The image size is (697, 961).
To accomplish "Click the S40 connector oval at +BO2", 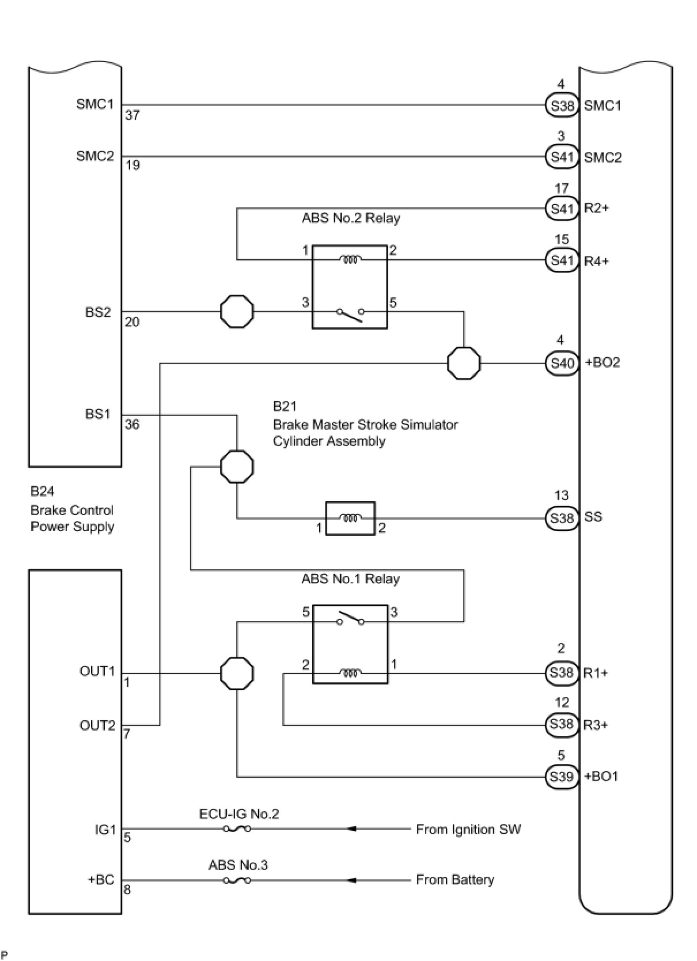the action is tap(562, 364).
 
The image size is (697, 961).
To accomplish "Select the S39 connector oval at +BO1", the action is tap(562, 777).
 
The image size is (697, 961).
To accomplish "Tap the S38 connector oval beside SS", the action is tap(562, 519).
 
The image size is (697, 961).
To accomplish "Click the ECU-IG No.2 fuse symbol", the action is tap(237, 829).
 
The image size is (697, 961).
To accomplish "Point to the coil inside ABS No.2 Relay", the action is tap(350, 259).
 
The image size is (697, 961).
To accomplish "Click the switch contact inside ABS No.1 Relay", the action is tap(350, 618).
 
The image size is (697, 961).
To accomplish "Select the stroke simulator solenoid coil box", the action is tap(350, 519).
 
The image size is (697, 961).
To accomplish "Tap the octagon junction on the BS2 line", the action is tap(237, 312).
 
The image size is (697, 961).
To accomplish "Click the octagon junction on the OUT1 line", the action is tap(237, 673).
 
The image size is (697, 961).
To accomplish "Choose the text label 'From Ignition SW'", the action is tap(468, 829).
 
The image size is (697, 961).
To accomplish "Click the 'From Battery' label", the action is tap(455, 880).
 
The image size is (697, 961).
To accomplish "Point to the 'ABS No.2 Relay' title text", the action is tap(351, 218).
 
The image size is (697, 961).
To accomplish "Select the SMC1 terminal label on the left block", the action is tap(95, 104).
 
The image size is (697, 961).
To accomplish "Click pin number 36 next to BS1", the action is tap(132, 424).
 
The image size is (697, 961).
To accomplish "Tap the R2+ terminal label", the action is tap(596, 208).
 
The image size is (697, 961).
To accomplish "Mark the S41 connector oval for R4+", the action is tap(562, 260).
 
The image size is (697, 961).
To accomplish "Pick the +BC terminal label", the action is tap(101, 880).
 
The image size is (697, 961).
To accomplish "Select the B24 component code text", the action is tap(43, 491).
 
